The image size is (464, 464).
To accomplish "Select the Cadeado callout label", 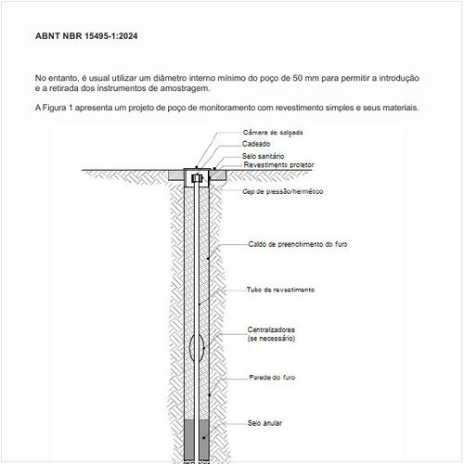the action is [256, 145].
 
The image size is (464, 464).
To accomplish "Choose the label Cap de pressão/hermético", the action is [283, 192].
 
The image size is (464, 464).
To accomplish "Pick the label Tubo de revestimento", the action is [279, 290].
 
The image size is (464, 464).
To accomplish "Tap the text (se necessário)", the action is [271, 341].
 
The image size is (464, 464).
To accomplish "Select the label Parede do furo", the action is [273, 379].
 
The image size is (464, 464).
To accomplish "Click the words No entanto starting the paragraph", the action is [58, 78].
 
